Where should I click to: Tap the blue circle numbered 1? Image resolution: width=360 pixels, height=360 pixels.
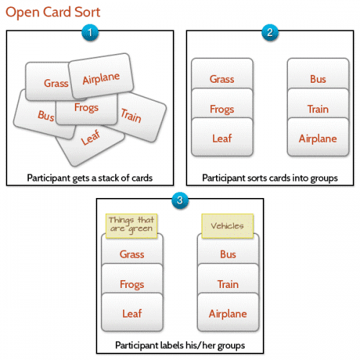coord(89,32)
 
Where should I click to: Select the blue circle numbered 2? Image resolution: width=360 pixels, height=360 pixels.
coord(269,32)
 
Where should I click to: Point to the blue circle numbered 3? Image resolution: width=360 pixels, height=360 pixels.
coord(179,196)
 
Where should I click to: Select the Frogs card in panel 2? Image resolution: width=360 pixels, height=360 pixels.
coord(222,109)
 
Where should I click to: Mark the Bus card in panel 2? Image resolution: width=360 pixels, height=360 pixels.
coord(318,79)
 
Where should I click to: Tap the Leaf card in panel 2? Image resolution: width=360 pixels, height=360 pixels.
coord(222,139)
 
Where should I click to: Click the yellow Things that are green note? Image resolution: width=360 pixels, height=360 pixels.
coord(131,225)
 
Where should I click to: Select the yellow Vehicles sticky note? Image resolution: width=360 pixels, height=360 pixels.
coord(227,225)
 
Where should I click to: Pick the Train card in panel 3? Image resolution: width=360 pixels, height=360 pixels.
coord(228,284)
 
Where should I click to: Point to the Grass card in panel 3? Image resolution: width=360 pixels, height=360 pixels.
coord(132,254)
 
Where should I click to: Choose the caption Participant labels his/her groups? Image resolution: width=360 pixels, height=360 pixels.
coord(179,346)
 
